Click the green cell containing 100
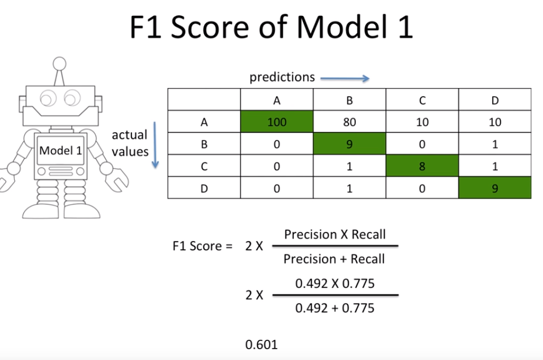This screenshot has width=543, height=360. [277, 122]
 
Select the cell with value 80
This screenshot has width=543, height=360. [350, 122]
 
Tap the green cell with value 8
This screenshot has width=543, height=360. [422, 166]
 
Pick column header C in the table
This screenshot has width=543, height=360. [422, 100]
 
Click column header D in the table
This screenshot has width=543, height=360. [495, 100]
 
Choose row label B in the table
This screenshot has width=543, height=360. [204, 144]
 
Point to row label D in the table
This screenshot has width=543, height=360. [204, 188]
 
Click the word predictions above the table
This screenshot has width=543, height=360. [282, 77]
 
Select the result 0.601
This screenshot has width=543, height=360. [262, 344]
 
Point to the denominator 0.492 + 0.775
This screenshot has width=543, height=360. [334, 308]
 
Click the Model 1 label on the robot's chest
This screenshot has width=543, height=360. [61, 151]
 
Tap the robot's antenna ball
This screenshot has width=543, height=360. [60, 62]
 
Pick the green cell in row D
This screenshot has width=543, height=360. [495, 188]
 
